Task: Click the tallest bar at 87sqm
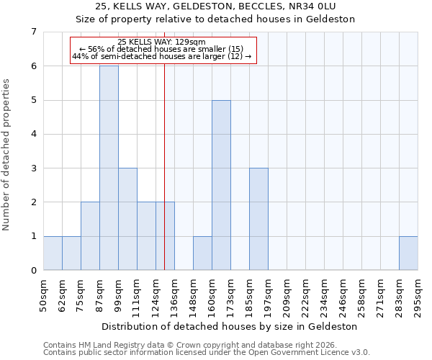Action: click(109, 168)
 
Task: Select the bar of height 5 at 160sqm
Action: click(221, 185)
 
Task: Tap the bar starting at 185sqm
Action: click(258, 219)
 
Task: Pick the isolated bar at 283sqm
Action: click(408, 253)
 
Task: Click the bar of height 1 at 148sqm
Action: click(202, 253)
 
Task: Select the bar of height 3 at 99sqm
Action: click(127, 219)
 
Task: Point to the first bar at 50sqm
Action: click(53, 253)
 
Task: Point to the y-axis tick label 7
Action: click(33, 32)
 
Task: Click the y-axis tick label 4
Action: click(33, 134)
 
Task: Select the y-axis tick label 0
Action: click(33, 271)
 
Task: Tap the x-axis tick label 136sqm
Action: click(174, 294)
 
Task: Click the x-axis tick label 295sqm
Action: click(418, 294)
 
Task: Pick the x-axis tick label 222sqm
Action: click(305, 294)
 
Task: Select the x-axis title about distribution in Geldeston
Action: click(230, 326)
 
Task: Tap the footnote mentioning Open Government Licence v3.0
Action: click(207, 353)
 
